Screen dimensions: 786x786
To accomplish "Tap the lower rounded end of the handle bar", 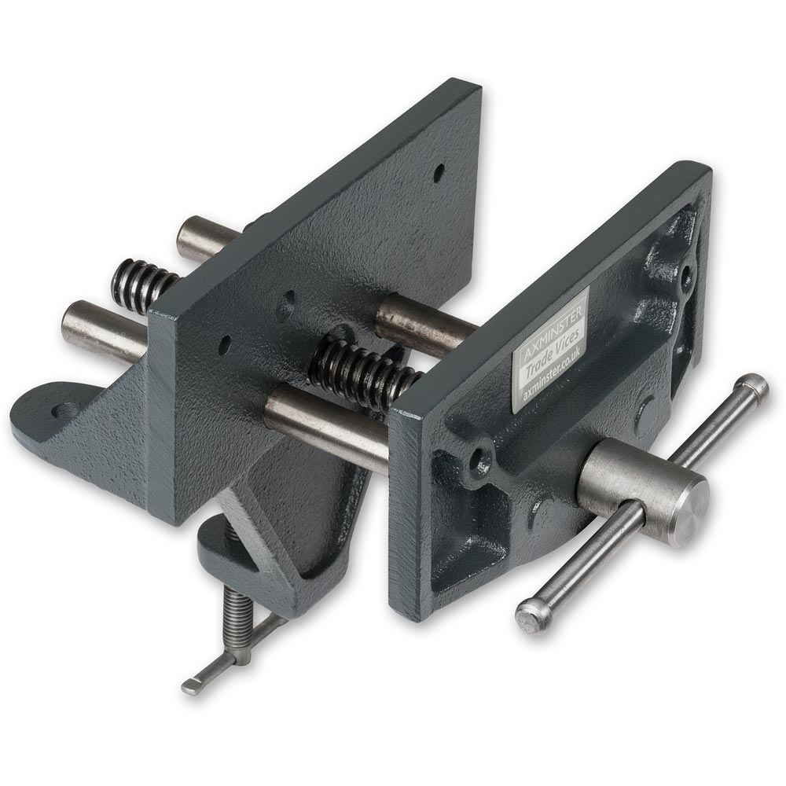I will coord(531,616).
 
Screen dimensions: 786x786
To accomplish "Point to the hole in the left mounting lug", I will coord(64,410).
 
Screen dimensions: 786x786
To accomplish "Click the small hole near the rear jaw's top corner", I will coord(439,172).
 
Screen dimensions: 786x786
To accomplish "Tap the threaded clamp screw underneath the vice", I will coord(237,621).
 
